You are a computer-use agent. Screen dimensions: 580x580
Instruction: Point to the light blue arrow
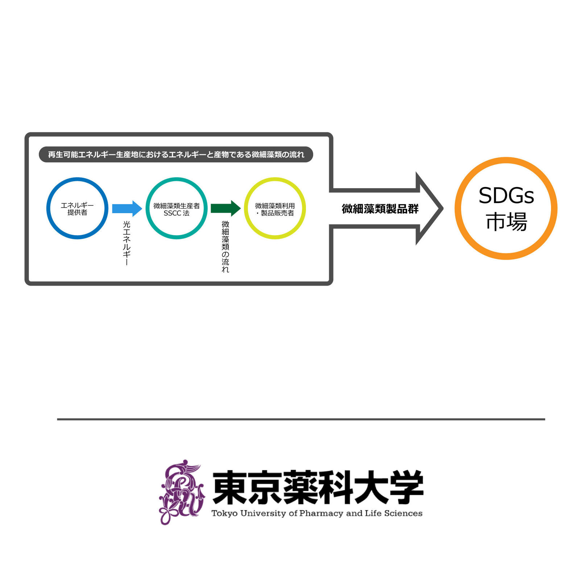click(x=127, y=208)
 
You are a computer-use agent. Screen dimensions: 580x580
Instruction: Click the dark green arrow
click(x=225, y=208)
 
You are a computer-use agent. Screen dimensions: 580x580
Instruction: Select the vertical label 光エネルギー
click(x=127, y=243)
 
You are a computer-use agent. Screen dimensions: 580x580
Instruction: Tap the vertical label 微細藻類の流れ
click(x=225, y=246)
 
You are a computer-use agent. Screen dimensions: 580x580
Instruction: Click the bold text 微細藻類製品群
click(x=380, y=209)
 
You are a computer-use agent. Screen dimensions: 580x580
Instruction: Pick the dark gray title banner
click(x=176, y=154)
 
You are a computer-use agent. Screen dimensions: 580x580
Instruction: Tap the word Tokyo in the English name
click(x=225, y=513)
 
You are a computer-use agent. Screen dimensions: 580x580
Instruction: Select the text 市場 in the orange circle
click(x=506, y=222)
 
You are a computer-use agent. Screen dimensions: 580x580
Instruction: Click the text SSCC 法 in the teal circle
click(x=177, y=213)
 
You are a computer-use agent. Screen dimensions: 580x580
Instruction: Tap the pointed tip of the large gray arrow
click(x=443, y=208)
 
